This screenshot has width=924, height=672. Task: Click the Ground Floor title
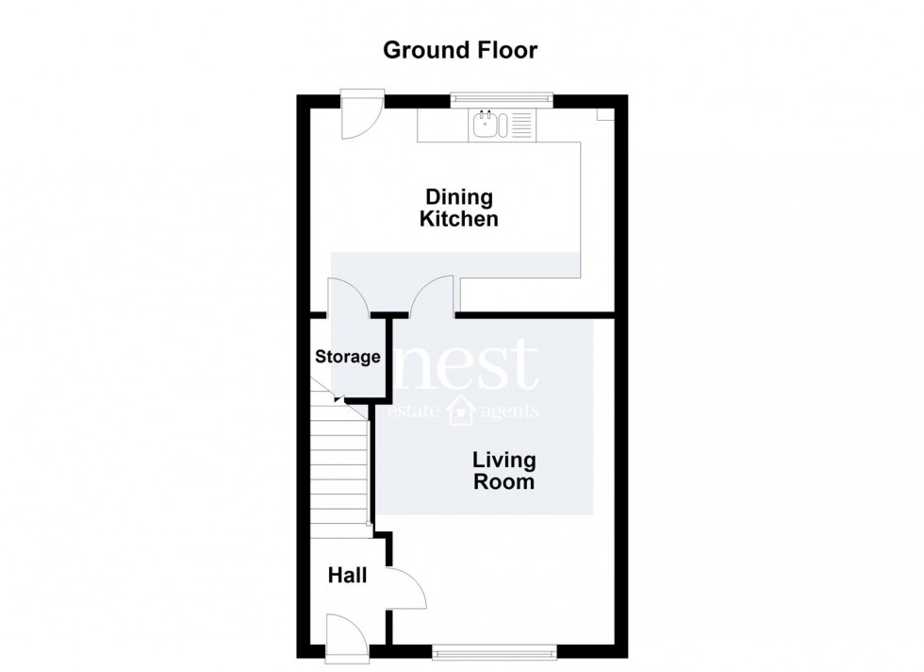coord(460,50)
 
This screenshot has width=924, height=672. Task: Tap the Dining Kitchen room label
coord(459,209)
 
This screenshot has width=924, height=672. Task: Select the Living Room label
coord(503,471)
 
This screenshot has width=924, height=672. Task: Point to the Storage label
coord(348,357)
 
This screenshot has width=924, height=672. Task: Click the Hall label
coord(347,574)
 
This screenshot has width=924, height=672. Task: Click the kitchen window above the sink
coord(501,95)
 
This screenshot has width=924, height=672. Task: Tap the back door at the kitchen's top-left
coord(361,114)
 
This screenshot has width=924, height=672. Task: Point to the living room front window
coord(494,651)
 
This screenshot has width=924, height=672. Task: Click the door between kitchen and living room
coord(434,295)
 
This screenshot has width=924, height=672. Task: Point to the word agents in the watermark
coord(509,412)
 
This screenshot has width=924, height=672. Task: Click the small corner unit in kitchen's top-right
coord(604,113)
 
